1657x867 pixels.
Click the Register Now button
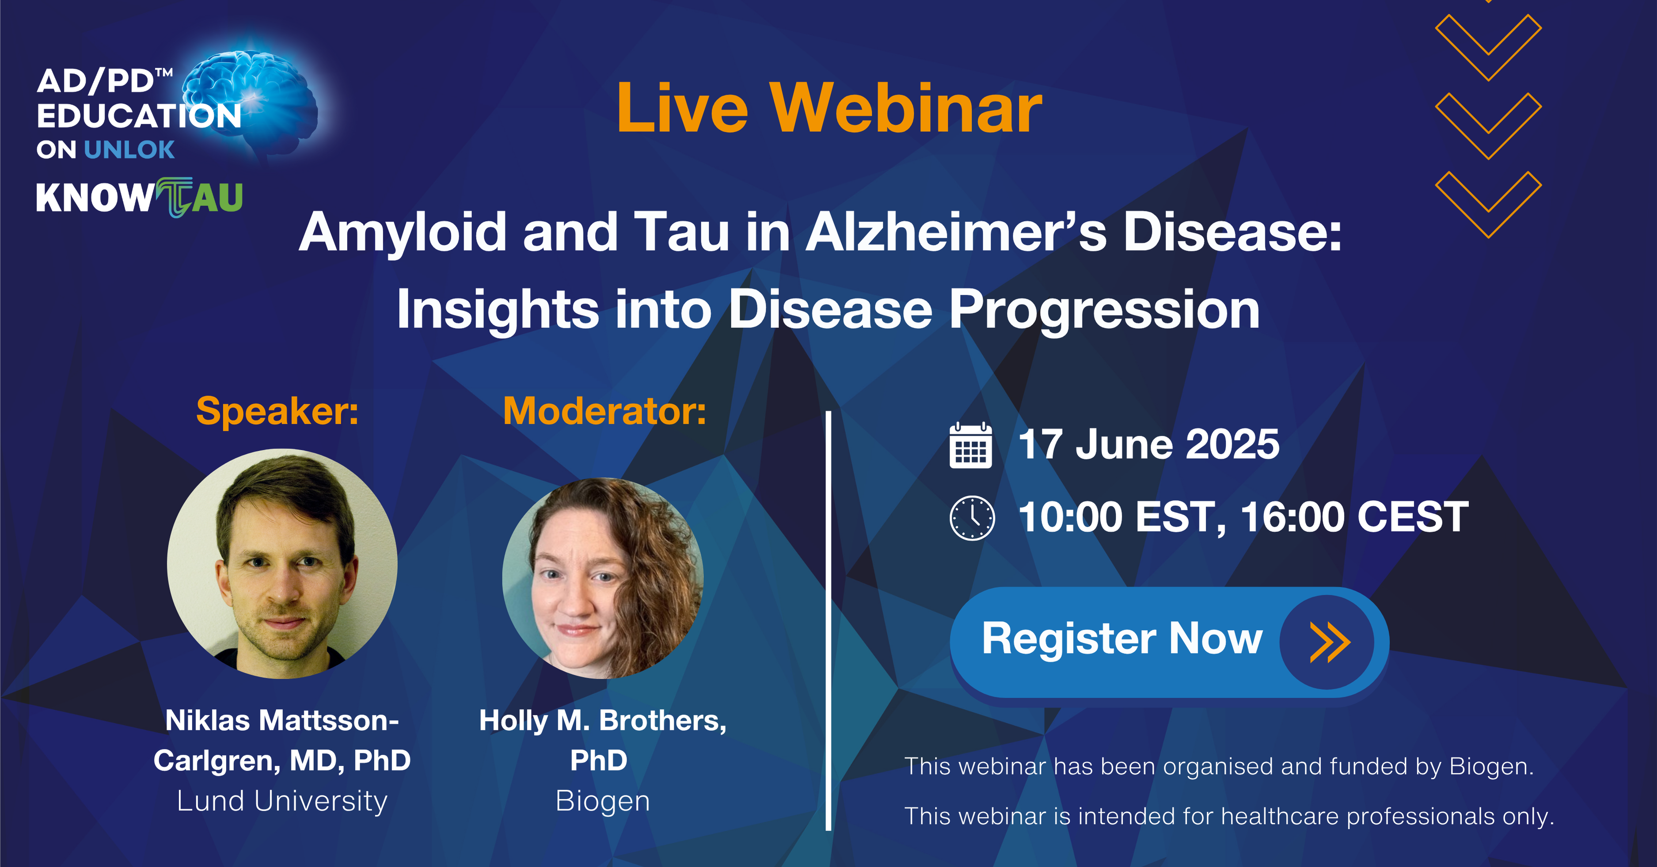click(1169, 642)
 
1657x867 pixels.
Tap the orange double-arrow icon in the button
click(1330, 642)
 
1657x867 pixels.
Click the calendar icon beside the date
click(971, 445)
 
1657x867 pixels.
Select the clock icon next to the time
click(972, 518)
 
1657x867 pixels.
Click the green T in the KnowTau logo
click(174, 197)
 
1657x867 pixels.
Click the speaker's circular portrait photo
click(282, 563)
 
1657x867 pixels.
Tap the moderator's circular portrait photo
click(603, 578)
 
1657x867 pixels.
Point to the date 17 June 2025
click(1149, 445)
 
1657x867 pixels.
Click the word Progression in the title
click(1105, 311)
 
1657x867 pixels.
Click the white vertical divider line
click(828, 621)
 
